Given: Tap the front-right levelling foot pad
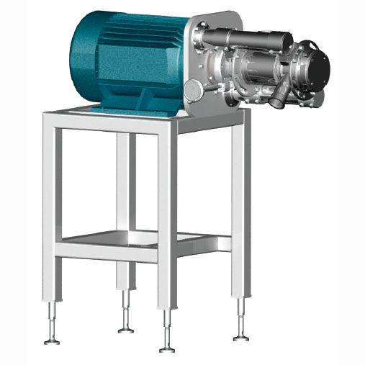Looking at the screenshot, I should click(x=167, y=348).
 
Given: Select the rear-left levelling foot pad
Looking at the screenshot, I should click(x=126, y=329).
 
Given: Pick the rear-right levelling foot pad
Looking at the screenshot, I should click(x=241, y=336).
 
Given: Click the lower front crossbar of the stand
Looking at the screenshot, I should click(x=108, y=251).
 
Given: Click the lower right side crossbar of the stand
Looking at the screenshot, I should click(x=205, y=244).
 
